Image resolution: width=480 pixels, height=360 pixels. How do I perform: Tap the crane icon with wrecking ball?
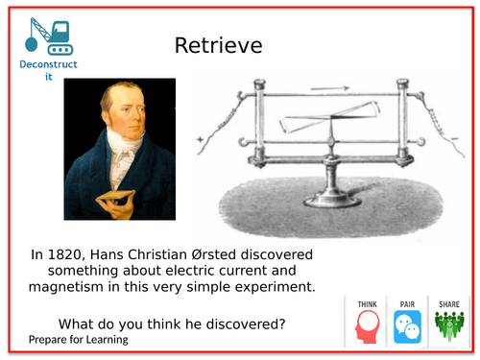coord(47,36)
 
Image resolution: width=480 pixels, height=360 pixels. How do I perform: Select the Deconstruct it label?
coord(49,70)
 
